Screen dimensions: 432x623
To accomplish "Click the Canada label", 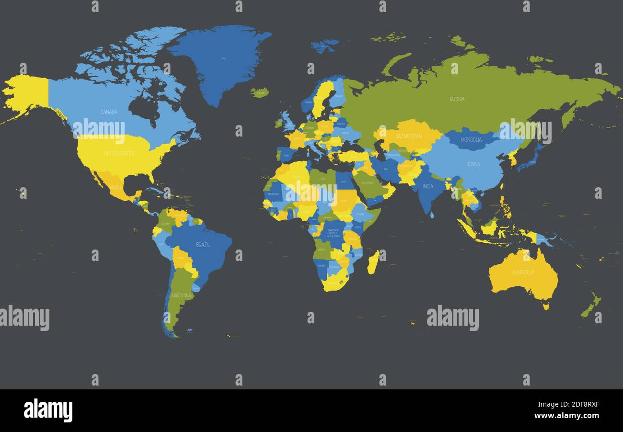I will coord(109,112).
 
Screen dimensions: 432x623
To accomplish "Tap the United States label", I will coord(119,153).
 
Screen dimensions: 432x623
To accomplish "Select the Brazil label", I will coord(203,245).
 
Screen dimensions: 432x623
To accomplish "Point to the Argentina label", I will coord(181,296).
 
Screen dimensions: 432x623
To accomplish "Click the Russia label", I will coord(457,99).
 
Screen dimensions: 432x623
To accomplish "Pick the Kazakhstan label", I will coord(409,136).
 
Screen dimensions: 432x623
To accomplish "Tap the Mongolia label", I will coord(471,140).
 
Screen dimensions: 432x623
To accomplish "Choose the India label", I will coord(427,186).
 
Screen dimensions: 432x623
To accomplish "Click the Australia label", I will coord(523,273).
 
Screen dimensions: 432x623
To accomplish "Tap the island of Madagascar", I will coord(373,262).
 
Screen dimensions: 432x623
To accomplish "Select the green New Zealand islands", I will coord(591,307).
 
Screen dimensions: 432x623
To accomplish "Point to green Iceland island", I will coord(259,92).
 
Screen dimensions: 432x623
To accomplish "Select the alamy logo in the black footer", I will coord(48,410).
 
